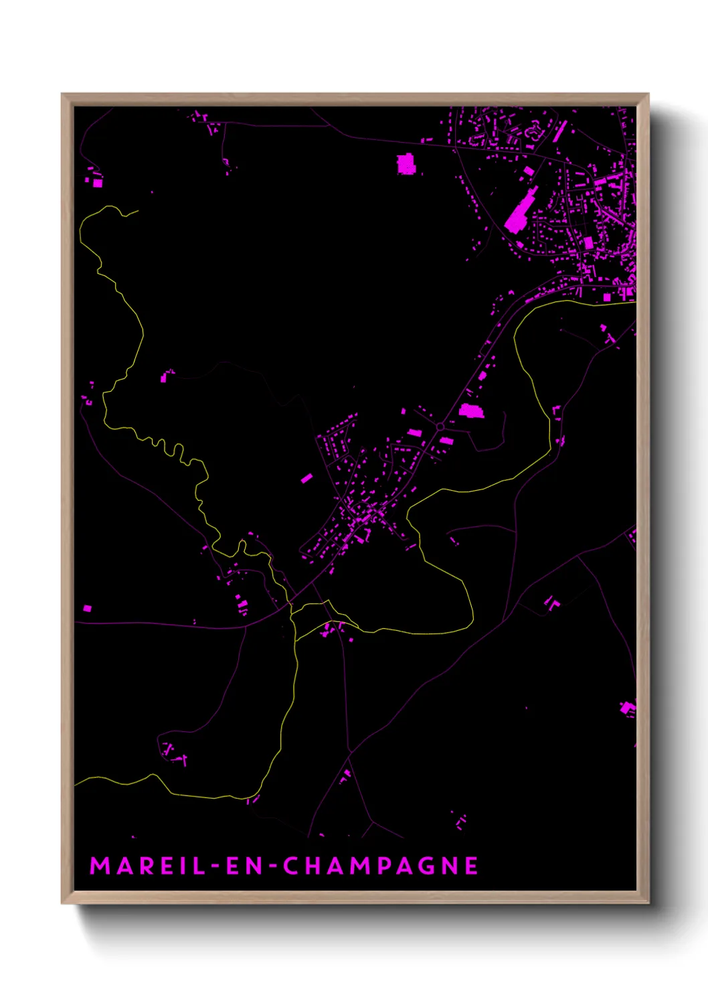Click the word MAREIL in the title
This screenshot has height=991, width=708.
tap(148, 866)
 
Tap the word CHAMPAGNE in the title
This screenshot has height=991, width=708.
tap(380, 866)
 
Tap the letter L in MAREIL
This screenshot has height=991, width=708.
tap(199, 866)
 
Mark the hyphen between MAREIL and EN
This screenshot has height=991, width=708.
tap(215, 866)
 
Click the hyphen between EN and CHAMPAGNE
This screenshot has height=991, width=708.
tap(272, 866)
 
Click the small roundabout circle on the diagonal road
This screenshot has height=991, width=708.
tap(440, 427)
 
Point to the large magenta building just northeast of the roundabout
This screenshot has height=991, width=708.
tap(471, 410)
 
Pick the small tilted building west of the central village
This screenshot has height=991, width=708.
tap(306, 478)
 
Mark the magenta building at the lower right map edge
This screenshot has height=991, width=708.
tap(628, 708)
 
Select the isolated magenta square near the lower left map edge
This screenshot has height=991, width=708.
tap(87, 608)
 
